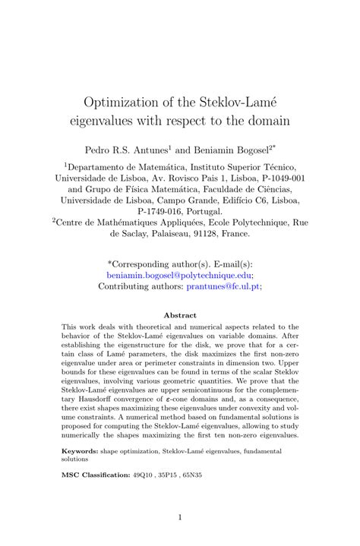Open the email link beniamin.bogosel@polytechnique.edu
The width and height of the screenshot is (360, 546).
(x=179, y=276)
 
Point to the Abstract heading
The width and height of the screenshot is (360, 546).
(x=180, y=315)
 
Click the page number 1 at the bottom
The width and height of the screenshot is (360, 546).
(x=180, y=518)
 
